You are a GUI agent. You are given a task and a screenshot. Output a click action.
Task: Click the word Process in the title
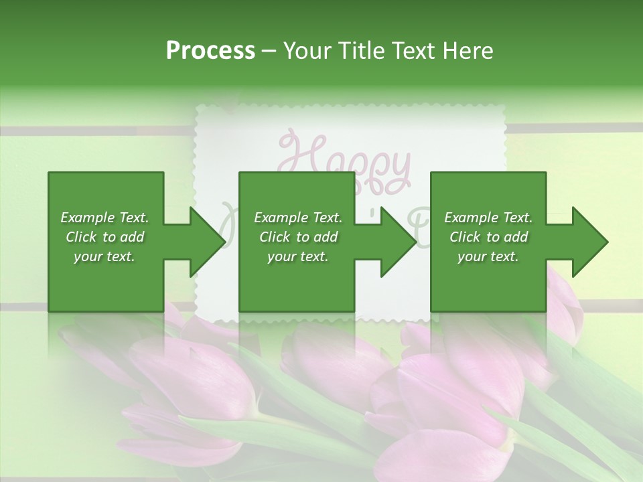click(210, 51)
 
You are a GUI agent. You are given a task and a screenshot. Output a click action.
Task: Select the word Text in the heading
click(413, 51)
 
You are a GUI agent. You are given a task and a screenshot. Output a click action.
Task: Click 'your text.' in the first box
click(104, 256)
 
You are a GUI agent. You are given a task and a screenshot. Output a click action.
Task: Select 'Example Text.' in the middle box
click(298, 218)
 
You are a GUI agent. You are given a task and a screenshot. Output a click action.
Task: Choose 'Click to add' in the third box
click(489, 237)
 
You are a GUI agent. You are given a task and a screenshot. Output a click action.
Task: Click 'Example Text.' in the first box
click(104, 218)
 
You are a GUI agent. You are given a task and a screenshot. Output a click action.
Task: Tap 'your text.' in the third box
click(488, 256)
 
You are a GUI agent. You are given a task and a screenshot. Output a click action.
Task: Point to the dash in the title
click(269, 51)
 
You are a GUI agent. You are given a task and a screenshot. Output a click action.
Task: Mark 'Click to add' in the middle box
click(298, 237)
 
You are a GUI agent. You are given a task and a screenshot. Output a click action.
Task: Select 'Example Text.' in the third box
click(488, 218)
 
